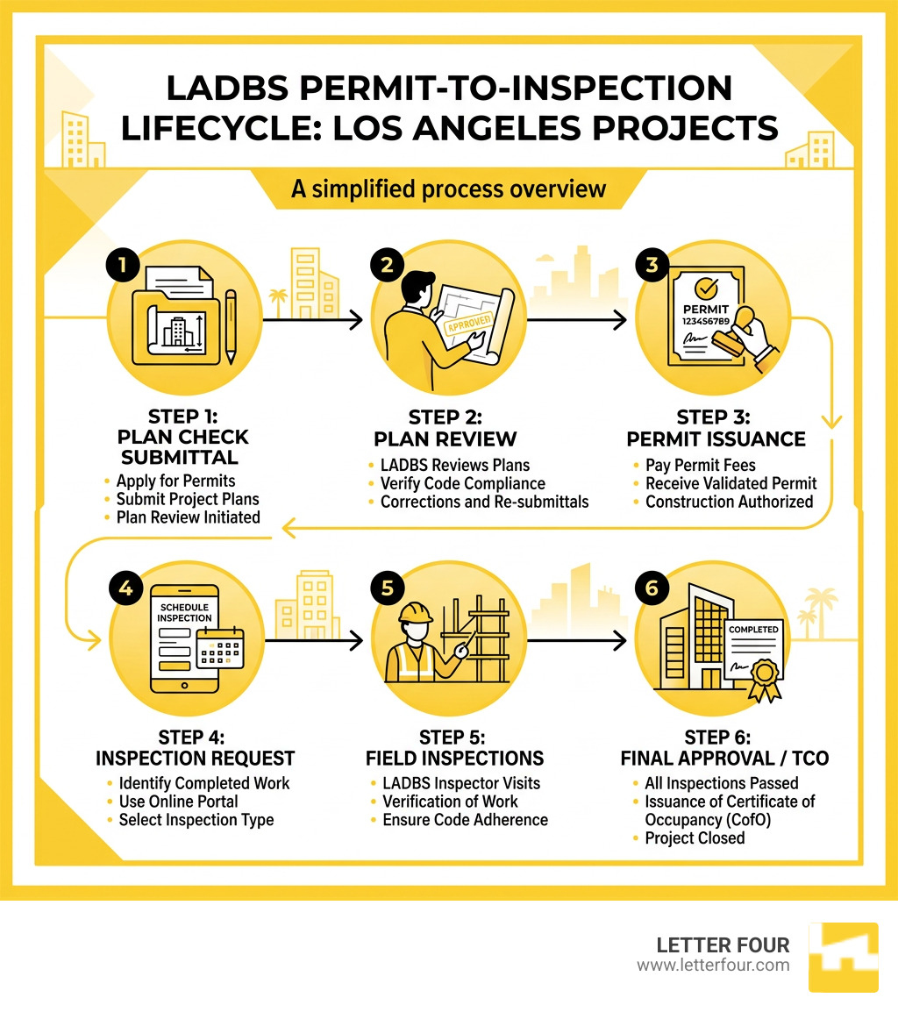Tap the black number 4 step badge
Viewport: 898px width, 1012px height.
125,588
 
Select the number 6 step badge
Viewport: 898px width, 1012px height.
651,588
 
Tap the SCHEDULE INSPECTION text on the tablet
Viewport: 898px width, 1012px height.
184,612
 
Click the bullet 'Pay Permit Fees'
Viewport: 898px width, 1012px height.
700,465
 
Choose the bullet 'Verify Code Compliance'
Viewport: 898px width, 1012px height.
462,483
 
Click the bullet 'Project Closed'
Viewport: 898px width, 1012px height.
695,838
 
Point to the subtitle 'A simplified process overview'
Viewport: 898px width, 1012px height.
448,189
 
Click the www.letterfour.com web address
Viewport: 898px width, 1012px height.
713,966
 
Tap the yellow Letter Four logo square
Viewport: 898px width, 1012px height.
842,957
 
